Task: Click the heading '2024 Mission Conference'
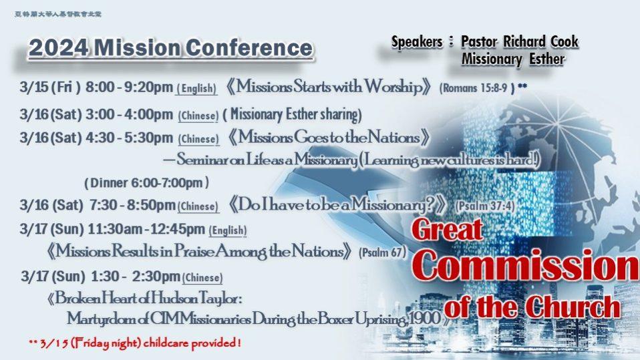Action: (170, 48)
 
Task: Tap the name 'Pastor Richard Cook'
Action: (520, 42)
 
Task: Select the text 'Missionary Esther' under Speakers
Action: (513, 59)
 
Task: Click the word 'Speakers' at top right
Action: (417, 42)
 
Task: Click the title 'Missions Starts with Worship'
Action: (331, 87)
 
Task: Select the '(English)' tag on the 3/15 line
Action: (196, 89)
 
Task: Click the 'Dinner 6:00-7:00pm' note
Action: (147, 182)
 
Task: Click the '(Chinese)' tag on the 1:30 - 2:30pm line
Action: (202, 277)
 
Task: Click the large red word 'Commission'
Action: (528, 267)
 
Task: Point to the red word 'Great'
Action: (448, 231)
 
